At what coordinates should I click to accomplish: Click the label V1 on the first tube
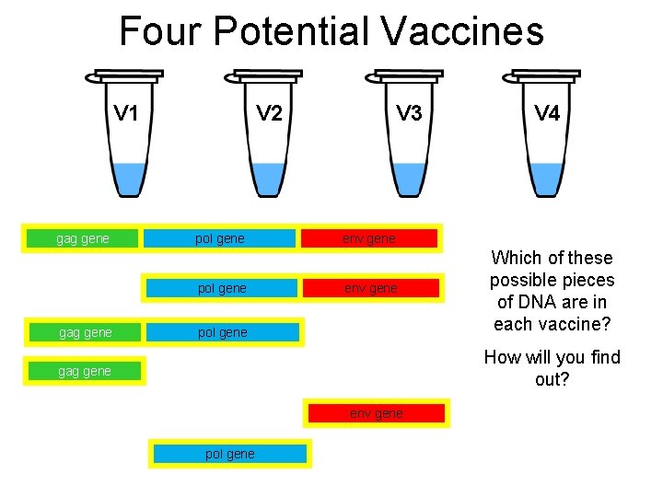coord(126,113)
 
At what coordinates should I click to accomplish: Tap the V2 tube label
coord(270,113)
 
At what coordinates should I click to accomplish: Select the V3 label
coord(409,113)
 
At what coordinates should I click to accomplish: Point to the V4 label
coord(547,113)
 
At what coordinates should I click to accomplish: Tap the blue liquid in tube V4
coord(547,178)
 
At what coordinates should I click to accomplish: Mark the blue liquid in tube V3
coord(409,178)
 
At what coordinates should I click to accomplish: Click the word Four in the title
coord(159,31)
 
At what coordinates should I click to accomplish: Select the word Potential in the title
coord(291,31)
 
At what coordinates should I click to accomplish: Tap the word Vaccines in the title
coord(461,31)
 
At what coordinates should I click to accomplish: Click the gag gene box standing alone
coord(84,371)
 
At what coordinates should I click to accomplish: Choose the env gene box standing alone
coord(376,413)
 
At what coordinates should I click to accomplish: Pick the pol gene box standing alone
coord(230,454)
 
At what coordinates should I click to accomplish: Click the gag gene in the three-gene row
coord(83,238)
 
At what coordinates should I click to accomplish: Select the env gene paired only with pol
coord(371,288)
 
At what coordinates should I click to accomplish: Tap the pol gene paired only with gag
coord(223,332)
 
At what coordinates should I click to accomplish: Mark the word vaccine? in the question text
coord(575,324)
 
